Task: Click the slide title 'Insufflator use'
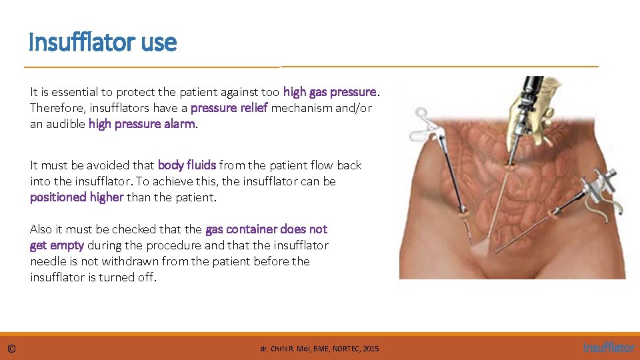pos(103,43)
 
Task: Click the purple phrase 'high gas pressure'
pos(330,91)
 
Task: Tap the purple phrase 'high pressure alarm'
pos(141,123)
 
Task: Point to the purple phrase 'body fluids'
pos(187,165)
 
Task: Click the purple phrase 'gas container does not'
pos(267,229)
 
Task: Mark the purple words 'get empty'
pos(57,245)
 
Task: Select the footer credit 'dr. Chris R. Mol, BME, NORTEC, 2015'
pos(319,349)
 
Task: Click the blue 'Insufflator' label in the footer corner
pos(609,348)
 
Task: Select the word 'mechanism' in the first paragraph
pos(299,107)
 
